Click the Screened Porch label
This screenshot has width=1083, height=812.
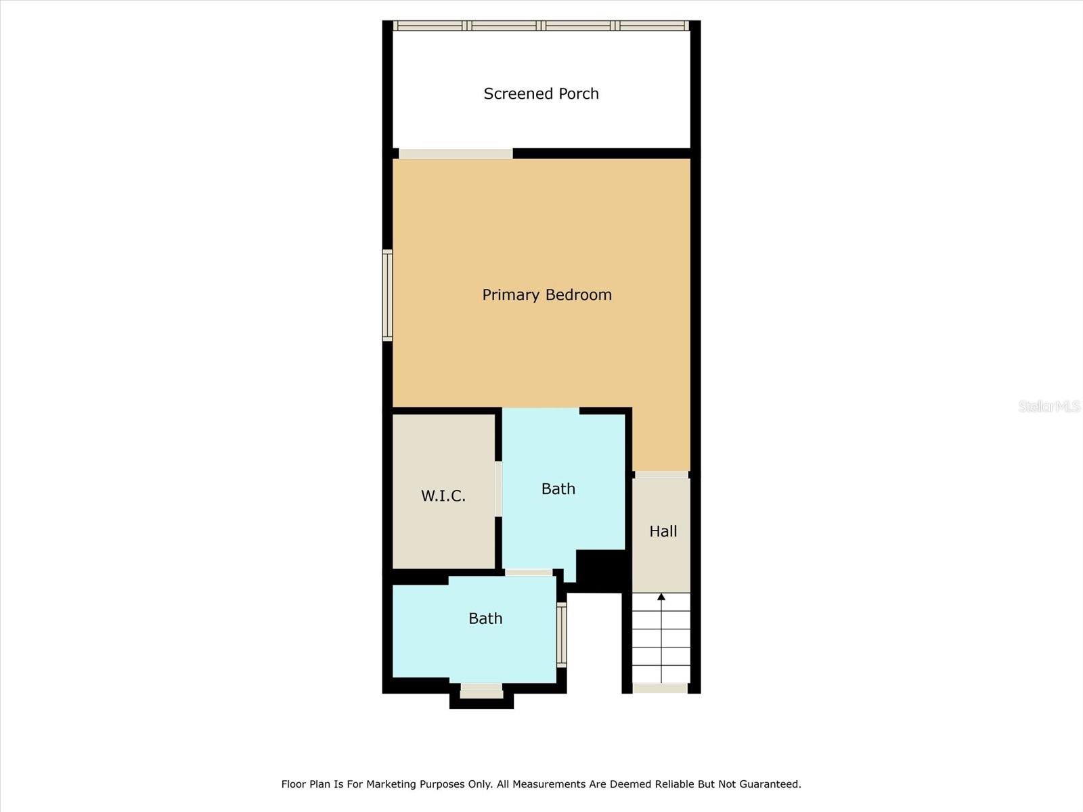[x=541, y=93]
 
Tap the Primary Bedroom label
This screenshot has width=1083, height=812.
[x=547, y=294]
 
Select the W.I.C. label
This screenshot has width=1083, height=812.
[x=443, y=496]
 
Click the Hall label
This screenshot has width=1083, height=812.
[x=663, y=531]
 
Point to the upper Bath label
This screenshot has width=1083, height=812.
[x=558, y=489]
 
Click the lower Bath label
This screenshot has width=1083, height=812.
[x=485, y=618]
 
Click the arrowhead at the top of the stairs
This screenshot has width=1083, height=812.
[x=661, y=597]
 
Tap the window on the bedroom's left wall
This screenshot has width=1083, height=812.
[x=387, y=295]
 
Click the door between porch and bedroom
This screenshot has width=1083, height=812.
[x=456, y=154]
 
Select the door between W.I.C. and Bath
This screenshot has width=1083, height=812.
[x=498, y=489]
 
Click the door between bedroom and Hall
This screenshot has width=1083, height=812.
[x=661, y=474]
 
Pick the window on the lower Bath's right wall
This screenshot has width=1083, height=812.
[x=561, y=635]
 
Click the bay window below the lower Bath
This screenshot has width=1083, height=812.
[x=481, y=691]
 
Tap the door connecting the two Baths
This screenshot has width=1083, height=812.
[x=529, y=572]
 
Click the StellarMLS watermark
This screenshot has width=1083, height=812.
[x=1048, y=406]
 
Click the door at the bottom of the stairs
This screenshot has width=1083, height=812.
[x=660, y=688]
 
